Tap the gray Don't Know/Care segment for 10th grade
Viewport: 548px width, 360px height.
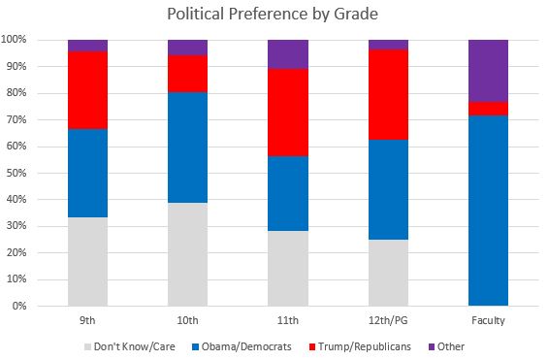pyautogui.click(x=187, y=254)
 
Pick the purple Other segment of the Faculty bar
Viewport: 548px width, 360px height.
pyautogui.click(x=488, y=70)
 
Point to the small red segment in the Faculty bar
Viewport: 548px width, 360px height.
pyautogui.click(x=488, y=108)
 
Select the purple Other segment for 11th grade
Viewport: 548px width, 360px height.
pyautogui.click(x=287, y=54)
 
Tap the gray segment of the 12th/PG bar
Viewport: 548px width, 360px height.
pyautogui.click(x=388, y=273)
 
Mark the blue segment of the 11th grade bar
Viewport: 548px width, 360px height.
pyautogui.click(x=287, y=193)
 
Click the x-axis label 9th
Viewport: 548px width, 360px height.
pyautogui.click(x=87, y=318)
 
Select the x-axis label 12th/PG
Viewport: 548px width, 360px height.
pyautogui.click(x=388, y=318)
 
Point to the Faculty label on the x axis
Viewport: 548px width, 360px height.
pyautogui.click(x=488, y=318)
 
